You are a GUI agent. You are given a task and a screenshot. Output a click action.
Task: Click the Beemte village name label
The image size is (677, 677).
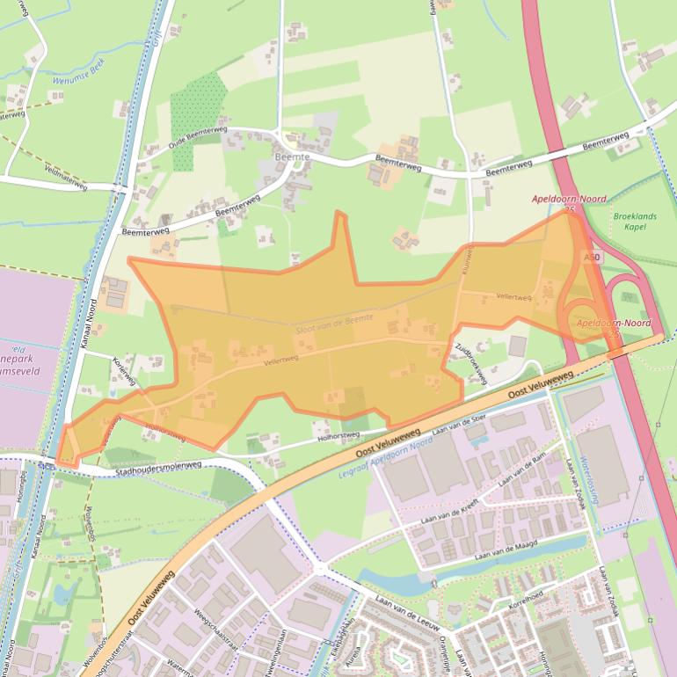292,156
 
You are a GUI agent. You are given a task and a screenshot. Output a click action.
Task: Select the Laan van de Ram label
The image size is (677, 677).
522,470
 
